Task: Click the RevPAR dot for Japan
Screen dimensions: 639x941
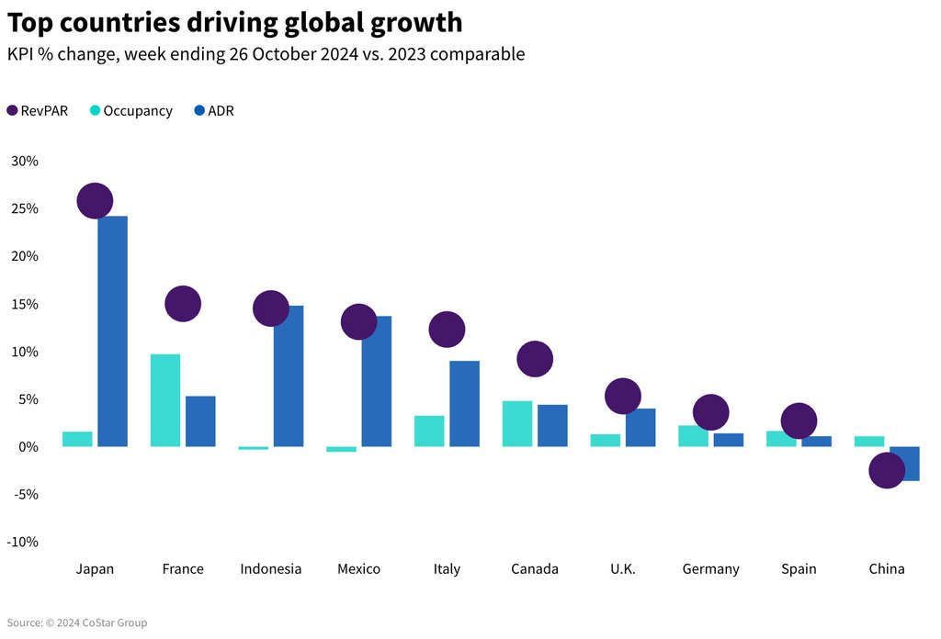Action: pyautogui.click(x=95, y=200)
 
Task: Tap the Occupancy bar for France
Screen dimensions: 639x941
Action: pyautogui.click(x=165, y=400)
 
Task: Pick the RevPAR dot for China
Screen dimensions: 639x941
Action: pyautogui.click(x=887, y=470)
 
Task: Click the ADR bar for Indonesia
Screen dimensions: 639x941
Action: pyautogui.click(x=289, y=376)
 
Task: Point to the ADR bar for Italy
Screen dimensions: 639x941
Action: pyautogui.click(x=464, y=404)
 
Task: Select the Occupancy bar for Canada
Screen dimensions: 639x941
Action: pyautogui.click(x=517, y=424)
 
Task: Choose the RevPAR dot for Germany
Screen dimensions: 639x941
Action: pyautogui.click(x=710, y=412)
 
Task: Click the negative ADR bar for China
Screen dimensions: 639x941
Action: pyautogui.click(x=908, y=464)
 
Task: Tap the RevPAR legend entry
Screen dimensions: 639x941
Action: pyautogui.click(x=37, y=111)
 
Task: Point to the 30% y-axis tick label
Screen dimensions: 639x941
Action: pyautogui.click(x=25, y=162)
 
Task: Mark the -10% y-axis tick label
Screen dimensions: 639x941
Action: pyautogui.click(x=23, y=542)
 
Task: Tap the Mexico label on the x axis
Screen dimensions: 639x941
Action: pyautogui.click(x=358, y=569)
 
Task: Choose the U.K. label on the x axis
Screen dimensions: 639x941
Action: pyautogui.click(x=622, y=569)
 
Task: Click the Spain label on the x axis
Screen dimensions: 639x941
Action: pyautogui.click(x=799, y=569)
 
